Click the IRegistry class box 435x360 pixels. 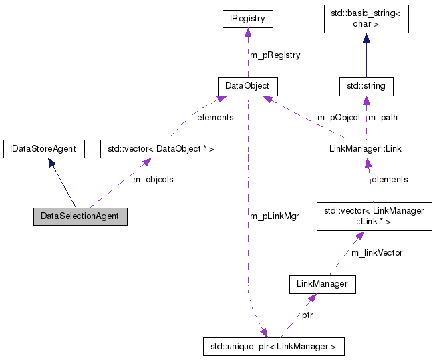coord(248,19)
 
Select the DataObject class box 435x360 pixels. coord(247,86)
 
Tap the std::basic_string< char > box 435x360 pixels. coord(366,19)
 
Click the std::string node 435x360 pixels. coord(366,86)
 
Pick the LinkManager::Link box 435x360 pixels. coord(366,148)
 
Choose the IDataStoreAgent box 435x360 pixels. coord(43,148)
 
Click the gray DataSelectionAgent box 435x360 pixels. coord(80,216)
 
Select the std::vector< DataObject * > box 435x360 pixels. coord(160,148)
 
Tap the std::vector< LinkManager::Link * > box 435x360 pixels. coord(374,216)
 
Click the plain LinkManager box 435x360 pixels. coord(322,284)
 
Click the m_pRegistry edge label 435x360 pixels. coord(275,55)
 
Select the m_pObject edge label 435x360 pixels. coord(338,117)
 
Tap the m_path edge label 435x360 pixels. coord(383,117)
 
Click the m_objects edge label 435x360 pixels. coord(153,180)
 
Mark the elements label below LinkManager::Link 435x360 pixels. coord(390,179)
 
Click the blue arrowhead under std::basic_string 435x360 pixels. coord(366,39)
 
